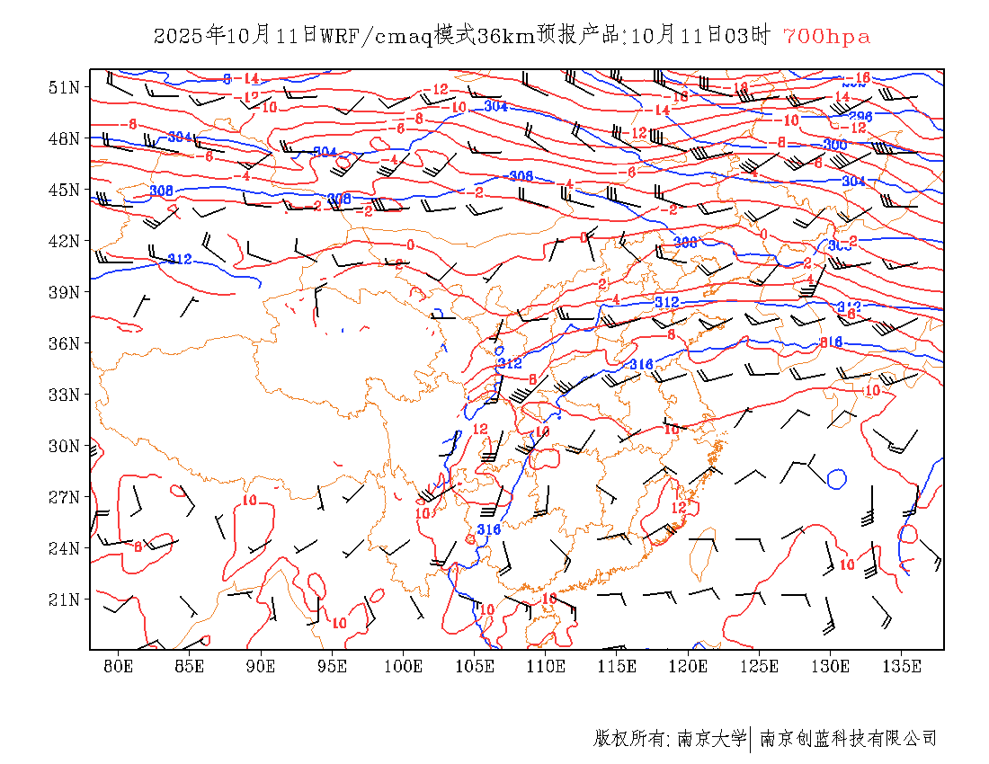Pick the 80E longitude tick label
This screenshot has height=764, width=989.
[x=119, y=666]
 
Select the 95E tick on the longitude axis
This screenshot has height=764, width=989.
[x=333, y=666]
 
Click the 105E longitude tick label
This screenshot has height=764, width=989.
[x=475, y=666]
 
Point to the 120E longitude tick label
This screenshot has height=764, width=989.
[x=689, y=666]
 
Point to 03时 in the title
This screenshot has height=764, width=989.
[x=748, y=36]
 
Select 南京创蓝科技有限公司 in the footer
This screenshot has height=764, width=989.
[x=848, y=739]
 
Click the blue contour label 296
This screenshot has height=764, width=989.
[x=860, y=117]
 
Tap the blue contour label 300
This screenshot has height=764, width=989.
[x=834, y=145]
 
